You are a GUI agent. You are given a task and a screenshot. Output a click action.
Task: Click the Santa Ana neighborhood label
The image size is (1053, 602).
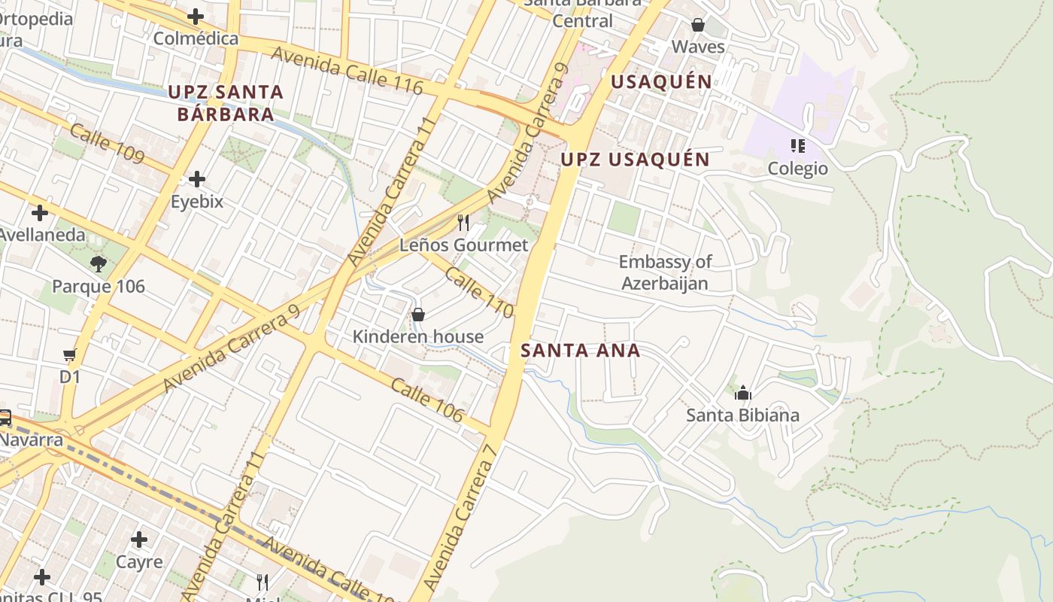(x=580, y=350)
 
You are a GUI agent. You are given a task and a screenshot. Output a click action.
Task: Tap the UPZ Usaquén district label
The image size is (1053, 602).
(x=635, y=160)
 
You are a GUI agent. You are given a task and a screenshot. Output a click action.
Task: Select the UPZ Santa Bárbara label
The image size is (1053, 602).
(x=226, y=103)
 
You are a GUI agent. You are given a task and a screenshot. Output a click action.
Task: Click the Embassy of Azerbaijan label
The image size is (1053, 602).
(x=665, y=272)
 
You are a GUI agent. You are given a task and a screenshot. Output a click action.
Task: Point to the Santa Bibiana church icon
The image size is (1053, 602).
(x=742, y=393)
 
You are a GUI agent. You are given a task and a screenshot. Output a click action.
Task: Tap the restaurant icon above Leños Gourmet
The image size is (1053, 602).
(x=463, y=222)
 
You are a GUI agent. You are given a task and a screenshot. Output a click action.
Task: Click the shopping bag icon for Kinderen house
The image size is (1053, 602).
(x=418, y=315)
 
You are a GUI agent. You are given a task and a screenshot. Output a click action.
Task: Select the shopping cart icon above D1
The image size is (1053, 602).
(x=70, y=354)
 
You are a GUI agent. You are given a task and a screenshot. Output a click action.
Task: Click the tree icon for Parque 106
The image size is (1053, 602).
(x=98, y=263)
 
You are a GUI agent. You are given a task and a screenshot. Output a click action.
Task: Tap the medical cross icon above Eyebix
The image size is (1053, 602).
(x=196, y=179)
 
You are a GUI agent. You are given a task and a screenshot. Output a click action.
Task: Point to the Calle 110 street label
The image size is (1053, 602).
(x=479, y=292)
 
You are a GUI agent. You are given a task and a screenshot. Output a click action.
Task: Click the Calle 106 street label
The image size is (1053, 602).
(x=426, y=400)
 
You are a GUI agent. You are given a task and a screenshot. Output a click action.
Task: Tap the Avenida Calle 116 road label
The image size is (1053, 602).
(x=347, y=71)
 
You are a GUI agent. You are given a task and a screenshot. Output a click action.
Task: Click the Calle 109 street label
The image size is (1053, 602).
(x=107, y=143)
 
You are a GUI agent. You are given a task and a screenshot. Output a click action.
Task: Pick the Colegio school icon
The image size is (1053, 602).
(x=797, y=145)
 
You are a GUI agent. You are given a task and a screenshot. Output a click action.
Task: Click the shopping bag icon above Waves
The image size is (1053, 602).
(x=698, y=25)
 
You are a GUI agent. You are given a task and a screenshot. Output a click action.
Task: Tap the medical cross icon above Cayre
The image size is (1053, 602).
(x=138, y=539)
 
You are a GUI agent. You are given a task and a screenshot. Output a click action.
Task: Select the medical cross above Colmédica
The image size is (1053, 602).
(x=196, y=16)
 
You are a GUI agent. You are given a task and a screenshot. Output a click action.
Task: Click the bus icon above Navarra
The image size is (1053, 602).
(x=5, y=417)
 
